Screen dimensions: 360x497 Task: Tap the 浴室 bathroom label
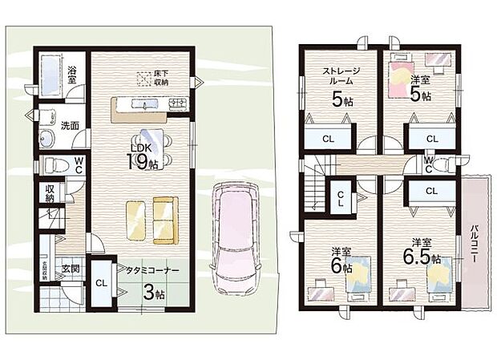(72, 75)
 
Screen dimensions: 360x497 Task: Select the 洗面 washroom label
(69, 126)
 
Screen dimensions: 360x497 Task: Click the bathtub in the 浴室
(50, 75)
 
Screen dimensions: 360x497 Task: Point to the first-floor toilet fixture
(55, 166)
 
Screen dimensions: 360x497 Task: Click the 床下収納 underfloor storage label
(161, 78)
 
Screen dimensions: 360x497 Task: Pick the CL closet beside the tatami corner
(102, 284)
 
